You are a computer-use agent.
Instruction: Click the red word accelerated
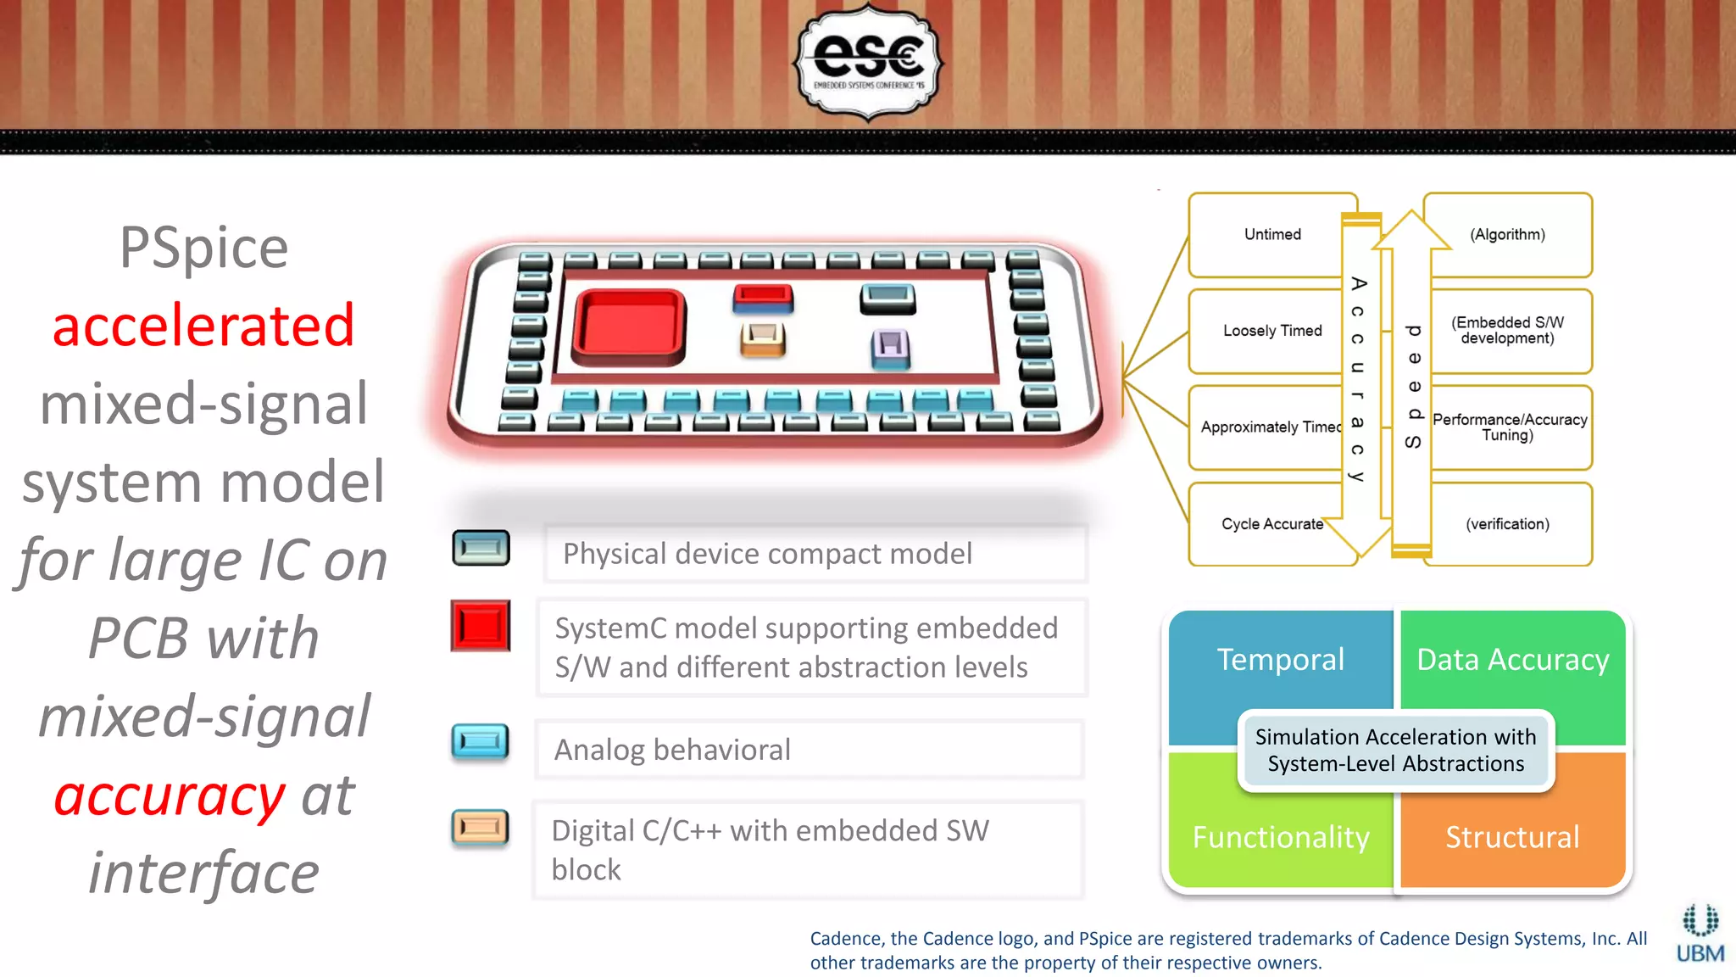click(x=203, y=326)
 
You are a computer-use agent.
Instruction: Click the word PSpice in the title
click(x=203, y=248)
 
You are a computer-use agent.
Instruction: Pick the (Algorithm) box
click(x=1507, y=235)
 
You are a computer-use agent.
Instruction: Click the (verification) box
click(x=1507, y=524)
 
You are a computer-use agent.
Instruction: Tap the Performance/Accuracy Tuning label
click(x=1509, y=427)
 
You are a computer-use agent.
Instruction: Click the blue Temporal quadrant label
click(x=1280, y=660)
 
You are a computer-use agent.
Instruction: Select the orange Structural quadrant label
click(x=1512, y=837)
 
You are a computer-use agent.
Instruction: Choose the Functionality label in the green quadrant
click(x=1280, y=837)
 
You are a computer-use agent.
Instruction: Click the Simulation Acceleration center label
click(x=1395, y=751)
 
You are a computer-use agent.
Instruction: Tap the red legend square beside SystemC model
click(x=481, y=626)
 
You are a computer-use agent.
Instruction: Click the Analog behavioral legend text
click(x=672, y=750)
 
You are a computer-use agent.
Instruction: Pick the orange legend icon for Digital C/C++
click(x=481, y=827)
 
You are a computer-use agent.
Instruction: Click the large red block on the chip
click(x=629, y=327)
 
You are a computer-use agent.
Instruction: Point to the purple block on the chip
click(x=890, y=348)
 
